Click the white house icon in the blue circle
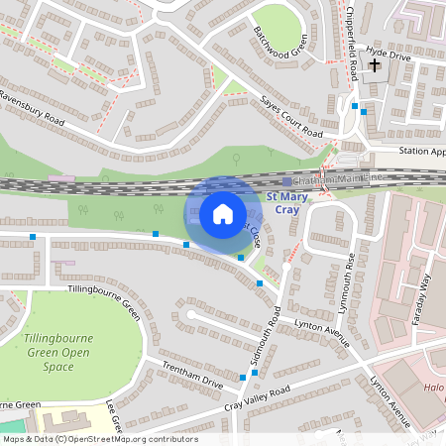click(x=222, y=213)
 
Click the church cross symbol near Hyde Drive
click(x=375, y=66)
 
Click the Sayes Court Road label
click(x=292, y=118)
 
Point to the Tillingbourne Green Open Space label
click(x=58, y=352)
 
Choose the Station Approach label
click(x=421, y=152)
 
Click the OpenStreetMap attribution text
click(x=99, y=439)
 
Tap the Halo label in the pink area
click(x=434, y=389)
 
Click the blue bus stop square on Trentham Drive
click(x=243, y=378)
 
